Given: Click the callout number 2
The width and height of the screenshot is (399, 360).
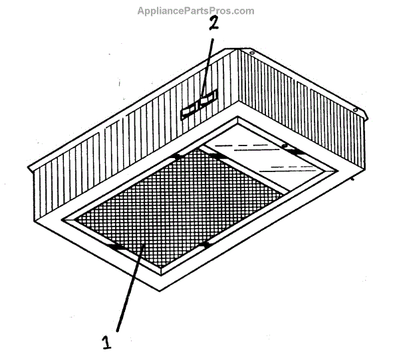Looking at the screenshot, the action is (213, 25).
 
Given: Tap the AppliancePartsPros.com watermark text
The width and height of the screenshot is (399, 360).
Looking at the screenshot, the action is (196, 11).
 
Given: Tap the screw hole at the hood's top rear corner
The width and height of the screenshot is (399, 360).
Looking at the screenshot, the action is (253, 50).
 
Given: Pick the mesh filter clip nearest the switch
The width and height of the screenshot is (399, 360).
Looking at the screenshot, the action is (176, 157).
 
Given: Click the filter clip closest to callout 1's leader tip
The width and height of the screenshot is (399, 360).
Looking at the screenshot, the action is (117, 246).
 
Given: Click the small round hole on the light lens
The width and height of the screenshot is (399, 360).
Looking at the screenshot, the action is (284, 145).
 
